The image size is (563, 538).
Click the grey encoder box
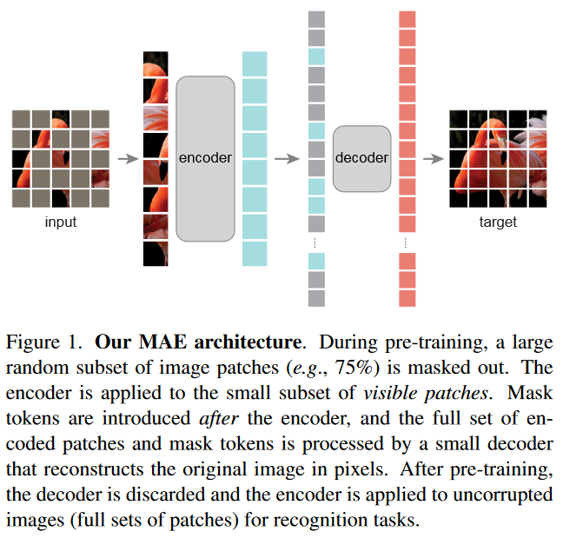point(205,158)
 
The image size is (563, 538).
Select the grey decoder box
point(361,158)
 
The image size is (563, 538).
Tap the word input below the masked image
point(61,222)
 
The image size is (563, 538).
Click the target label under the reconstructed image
point(498,222)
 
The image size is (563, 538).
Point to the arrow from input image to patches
point(128,159)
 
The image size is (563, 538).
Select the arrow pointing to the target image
point(431,159)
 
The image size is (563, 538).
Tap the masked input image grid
point(61,159)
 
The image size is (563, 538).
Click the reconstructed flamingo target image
point(498,159)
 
